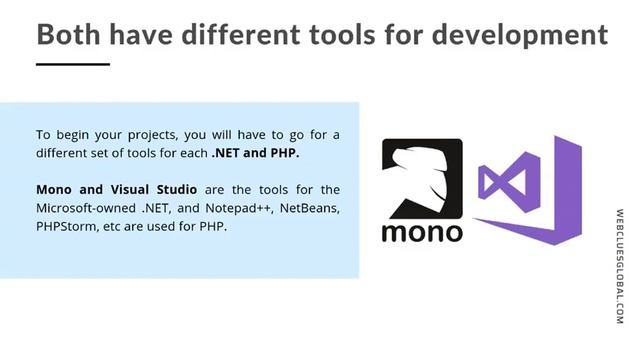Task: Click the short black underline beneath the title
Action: pyautogui.click(x=72, y=64)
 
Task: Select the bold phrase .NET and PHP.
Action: pyautogui.click(x=255, y=154)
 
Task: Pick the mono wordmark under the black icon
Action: pyautogui.click(x=422, y=231)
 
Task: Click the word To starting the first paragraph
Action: pyautogui.click(x=44, y=135)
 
